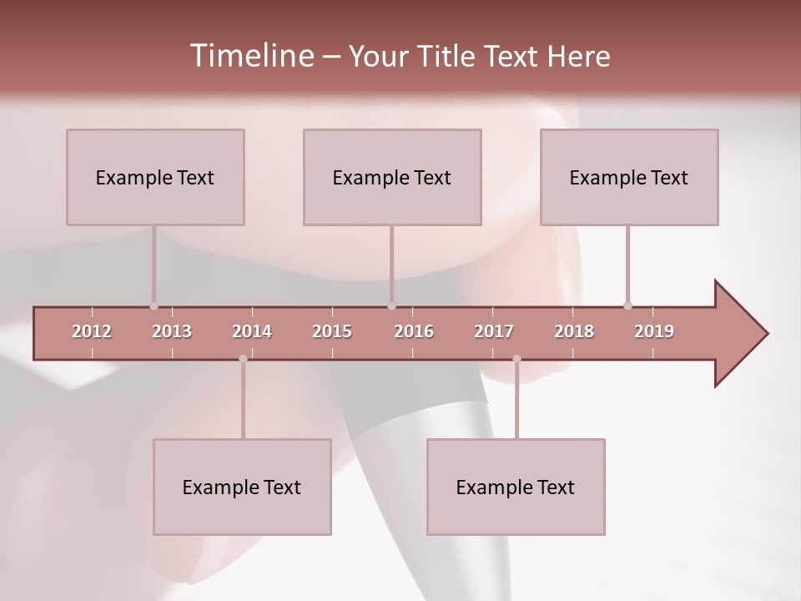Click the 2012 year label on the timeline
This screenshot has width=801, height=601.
click(92, 331)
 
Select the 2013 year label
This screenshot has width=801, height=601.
click(172, 331)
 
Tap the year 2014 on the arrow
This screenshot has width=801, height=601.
click(252, 331)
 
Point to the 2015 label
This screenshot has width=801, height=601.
click(332, 331)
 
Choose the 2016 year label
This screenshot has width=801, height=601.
click(414, 331)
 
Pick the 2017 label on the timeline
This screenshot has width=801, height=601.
click(494, 331)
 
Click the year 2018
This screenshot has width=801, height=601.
click(574, 331)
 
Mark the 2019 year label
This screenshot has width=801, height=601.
click(654, 331)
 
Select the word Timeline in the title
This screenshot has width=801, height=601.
click(250, 56)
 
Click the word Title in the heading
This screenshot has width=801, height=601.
click(448, 56)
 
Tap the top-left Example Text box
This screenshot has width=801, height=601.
click(155, 177)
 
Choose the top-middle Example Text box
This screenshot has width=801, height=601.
click(392, 177)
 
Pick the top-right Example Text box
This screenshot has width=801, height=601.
click(629, 177)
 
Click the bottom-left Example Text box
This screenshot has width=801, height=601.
click(242, 487)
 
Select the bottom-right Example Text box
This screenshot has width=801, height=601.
click(516, 487)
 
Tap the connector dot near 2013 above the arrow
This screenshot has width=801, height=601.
click(154, 306)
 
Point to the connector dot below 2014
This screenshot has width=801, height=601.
click(243, 359)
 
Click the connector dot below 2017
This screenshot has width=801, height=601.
click(516, 359)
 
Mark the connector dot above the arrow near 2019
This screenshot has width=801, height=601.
click(627, 306)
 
